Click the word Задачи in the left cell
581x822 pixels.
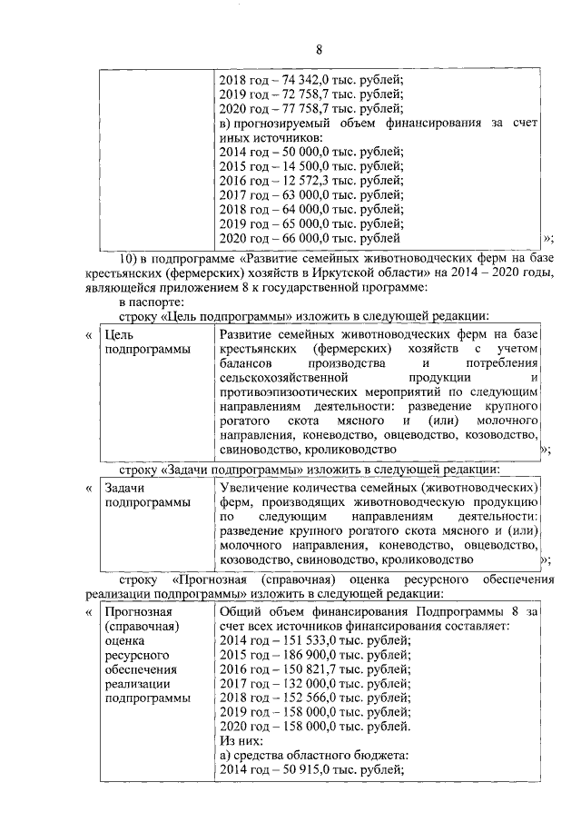pyautogui.click(x=126, y=488)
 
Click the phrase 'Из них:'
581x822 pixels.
pyautogui.click(x=241, y=741)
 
